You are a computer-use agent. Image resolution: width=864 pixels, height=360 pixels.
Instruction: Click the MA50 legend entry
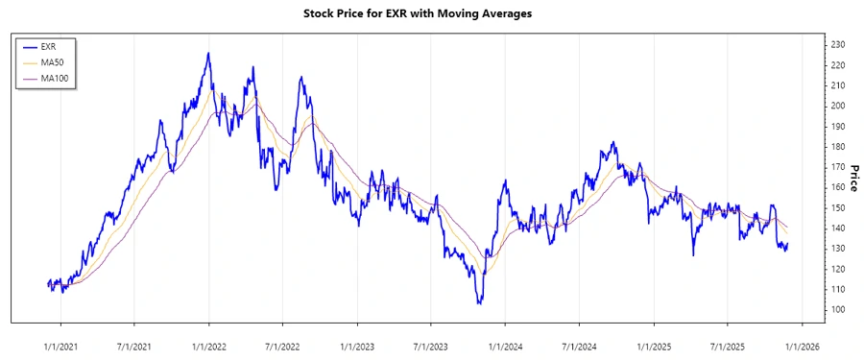[x=54, y=61]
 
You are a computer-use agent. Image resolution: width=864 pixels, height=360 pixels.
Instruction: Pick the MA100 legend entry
[x=56, y=78]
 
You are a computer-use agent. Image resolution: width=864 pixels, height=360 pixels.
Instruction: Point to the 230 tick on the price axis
[x=838, y=44]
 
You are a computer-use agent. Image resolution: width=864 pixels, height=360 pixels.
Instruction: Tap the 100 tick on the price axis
[x=838, y=309]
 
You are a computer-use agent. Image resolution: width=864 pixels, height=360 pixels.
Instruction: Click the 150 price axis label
[x=838, y=207]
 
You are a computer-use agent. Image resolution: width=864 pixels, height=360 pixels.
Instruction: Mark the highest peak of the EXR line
[x=208, y=53]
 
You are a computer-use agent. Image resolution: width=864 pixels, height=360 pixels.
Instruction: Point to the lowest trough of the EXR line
[x=479, y=303]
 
